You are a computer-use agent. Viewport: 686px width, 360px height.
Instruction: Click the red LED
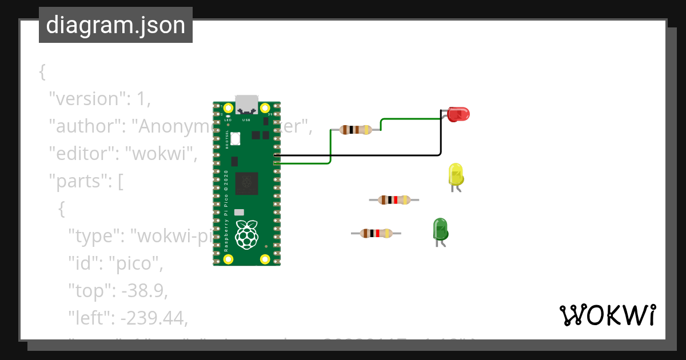458,114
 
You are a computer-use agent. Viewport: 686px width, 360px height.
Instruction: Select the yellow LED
456,174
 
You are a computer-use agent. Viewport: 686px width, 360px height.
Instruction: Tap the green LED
440,229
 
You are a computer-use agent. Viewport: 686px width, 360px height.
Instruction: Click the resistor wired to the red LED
356,130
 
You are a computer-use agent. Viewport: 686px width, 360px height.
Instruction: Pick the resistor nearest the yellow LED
394,199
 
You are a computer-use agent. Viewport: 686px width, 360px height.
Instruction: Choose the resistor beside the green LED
376,233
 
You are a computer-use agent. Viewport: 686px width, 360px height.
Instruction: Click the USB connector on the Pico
246,104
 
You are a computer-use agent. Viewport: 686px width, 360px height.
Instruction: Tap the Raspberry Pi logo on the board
247,234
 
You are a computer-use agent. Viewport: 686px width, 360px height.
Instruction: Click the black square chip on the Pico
247,182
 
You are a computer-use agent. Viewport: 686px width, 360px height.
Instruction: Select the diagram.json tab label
115,25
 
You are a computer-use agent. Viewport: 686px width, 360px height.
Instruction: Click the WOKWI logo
607,315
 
